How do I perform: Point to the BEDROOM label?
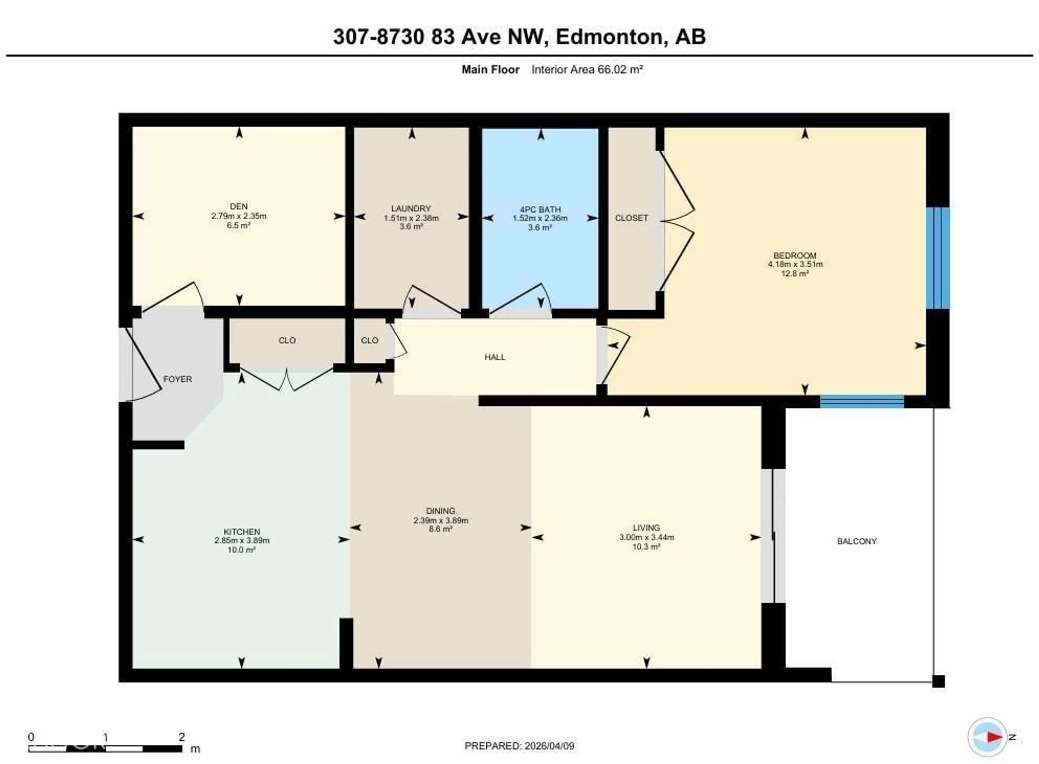click(x=795, y=255)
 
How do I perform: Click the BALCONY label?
click(x=857, y=541)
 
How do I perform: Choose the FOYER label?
click(x=177, y=379)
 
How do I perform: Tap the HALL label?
click(x=495, y=357)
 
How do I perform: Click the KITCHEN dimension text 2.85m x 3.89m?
click(x=242, y=540)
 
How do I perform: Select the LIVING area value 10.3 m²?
click(x=646, y=547)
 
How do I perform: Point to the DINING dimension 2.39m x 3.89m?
click(x=440, y=520)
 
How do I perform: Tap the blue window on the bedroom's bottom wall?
click(x=862, y=401)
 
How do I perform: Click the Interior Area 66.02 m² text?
click(x=587, y=70)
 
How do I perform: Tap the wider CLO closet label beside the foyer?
click(x=287, y=340)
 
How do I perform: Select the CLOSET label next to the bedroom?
click(x=631, y=218)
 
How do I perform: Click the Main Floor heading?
click(x=490, y=70)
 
